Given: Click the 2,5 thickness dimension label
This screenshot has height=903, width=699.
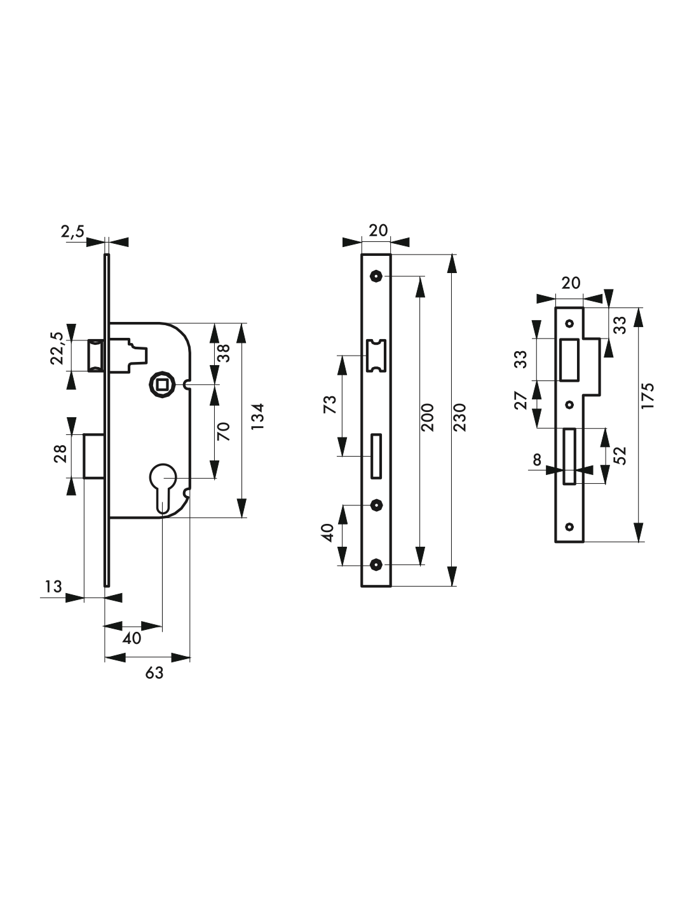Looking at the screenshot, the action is (x=73, y=231).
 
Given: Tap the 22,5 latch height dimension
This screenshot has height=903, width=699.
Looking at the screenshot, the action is (x=57, y=349).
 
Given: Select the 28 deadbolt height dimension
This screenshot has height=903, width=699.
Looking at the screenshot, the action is (x=60, y=454).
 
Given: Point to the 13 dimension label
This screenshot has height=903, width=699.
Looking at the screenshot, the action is (x=53, y=587).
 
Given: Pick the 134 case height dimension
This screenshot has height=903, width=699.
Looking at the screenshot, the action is (x=258, y=417).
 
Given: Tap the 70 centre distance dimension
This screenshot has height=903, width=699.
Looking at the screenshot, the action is (x=223, y=432).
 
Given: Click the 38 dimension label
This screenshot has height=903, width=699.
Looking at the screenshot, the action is (x=224, y=354).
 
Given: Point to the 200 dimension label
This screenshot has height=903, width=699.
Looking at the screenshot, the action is (x=427, y=417).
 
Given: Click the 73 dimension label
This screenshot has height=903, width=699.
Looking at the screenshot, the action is (x=330, y=405).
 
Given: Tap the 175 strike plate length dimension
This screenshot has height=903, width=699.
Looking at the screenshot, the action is (x=648, y=396).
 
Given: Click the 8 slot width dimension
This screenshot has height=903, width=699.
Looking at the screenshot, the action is (x=537, y=460).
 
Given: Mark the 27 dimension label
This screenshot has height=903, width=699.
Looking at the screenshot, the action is (x=521, y=401).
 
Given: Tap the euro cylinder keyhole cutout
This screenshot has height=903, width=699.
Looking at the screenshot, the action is (x=163, y=488).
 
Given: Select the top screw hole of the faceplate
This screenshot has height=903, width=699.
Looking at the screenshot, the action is (x=376, y=276).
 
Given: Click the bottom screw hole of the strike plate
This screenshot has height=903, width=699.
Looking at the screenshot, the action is (x=569, y=527).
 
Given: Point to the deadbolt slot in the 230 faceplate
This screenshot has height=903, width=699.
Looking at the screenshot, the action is (x=376, y=456).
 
